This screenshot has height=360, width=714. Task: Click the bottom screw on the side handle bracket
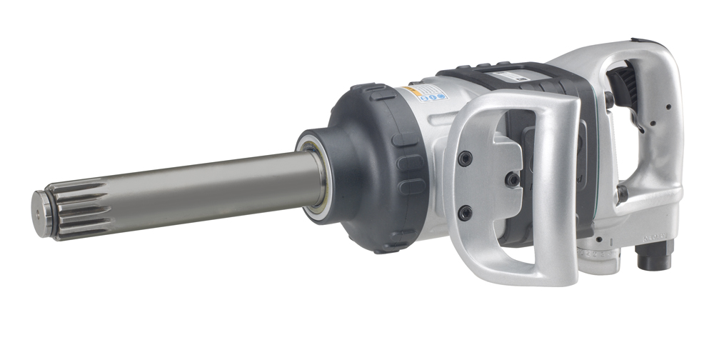tap(464, 212)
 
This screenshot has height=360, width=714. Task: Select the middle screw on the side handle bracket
tap(512, 179)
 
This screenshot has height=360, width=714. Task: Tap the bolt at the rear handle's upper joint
tap(609, 99)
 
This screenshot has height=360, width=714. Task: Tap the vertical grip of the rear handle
tap(668, 129)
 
